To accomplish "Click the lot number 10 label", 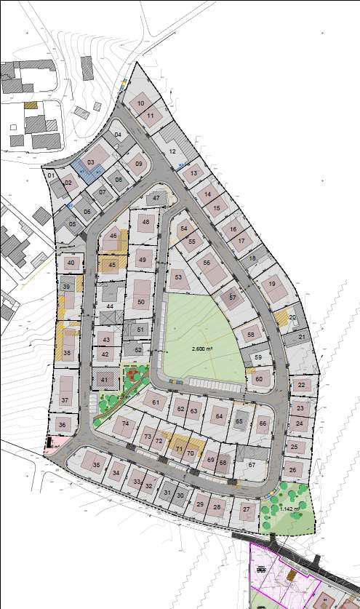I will [140, 104].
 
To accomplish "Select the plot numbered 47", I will [156, 199].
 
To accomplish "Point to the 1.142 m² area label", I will [289, 509].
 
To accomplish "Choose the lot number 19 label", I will [272, 284].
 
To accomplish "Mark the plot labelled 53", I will [177, 277].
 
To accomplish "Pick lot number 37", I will [65, 400].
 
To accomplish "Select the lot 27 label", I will [247, 509].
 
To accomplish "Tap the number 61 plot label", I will [155, 402].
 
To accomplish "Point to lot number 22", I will [301, 385].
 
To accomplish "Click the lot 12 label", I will [172, 151].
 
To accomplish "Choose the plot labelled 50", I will [141, 302].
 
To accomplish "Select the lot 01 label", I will [52, 175].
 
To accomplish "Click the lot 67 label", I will [252, 464].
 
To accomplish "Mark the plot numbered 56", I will [207, 263].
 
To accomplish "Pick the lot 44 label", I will [110, 307].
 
